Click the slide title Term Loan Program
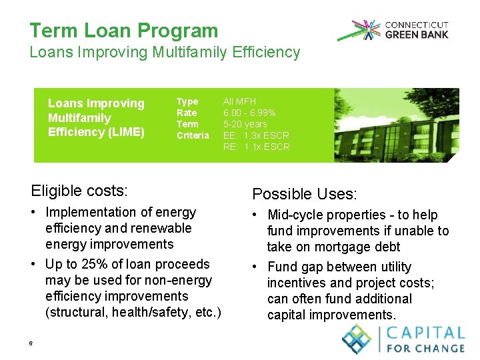[x=123, y=31]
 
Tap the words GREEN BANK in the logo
[x=417, y=35]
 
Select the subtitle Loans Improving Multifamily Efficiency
[x=165, y=52]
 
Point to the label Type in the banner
[x=187, y=101]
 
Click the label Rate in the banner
[x=187, y=113]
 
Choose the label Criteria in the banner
[x=193, y=135]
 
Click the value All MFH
[x=239, y=101]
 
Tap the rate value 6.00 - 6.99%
[x=249, y=113]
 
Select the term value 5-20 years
[x=245, y=124]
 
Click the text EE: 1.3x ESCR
[x=256, y=135]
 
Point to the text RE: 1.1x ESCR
[x=256, y=147]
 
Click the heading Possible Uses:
[x=304, y=194]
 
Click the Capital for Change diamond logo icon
[x=357, y=338]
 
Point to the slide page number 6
[x=31, y=343]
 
